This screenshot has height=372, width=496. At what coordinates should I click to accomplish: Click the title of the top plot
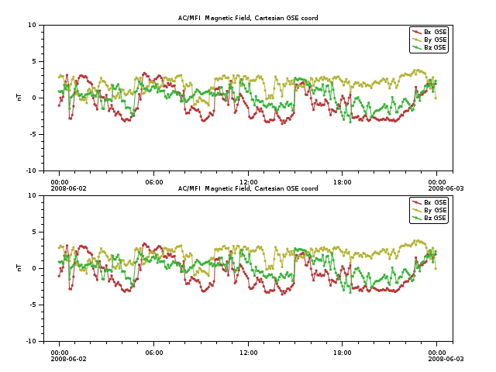[248, 18]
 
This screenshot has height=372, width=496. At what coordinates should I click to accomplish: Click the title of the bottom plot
[248, 188]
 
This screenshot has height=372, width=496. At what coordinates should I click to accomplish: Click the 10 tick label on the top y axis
[33, 25]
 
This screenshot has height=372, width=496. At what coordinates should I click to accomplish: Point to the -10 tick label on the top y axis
[31, 170]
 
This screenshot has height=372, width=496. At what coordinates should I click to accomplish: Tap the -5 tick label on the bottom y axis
[33, 305]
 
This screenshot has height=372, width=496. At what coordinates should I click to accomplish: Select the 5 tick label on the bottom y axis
[34, 232]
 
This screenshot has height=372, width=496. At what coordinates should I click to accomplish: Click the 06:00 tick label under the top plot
[154, 182]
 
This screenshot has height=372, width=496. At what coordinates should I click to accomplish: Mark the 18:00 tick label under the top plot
[343, 182]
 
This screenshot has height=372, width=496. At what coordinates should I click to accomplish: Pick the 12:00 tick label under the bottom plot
[248, 353]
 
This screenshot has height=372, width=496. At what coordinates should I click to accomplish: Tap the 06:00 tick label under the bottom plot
[154, 353]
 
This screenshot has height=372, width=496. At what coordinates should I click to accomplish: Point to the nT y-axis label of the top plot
[19, 98]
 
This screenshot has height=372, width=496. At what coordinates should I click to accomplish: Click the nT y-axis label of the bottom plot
[19, 268]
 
